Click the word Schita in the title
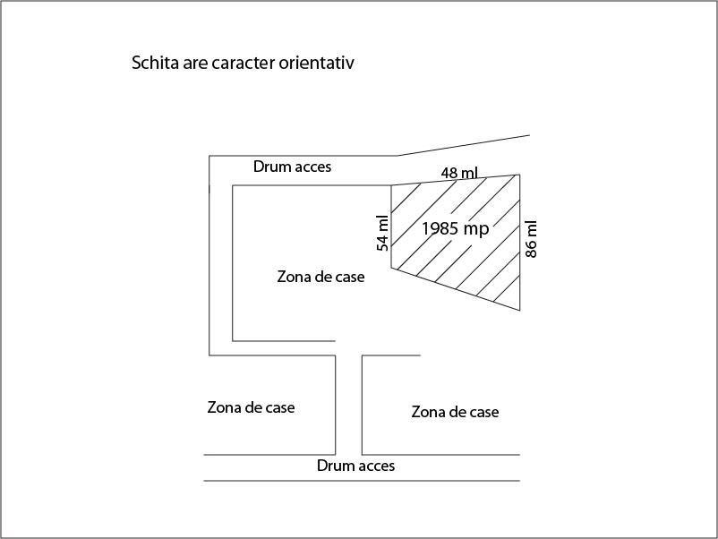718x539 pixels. pyautogui.click(x=155, y=63)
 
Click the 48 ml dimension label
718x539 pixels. pyautogui.click(x=459, y=173)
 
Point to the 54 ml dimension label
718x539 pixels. pyautogui.click(x=383, y=233)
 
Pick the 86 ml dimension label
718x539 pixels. pyautogui.click(x=531, y=239)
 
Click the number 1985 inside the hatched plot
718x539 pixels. pyautogui.click(x=438, y=228)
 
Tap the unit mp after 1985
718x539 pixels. pyautogui.click(x=475, y=229)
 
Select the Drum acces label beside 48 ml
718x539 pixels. pyautogui.click(x=292, y=167)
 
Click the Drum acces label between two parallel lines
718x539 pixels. pyautogui.click(x=355, y=466)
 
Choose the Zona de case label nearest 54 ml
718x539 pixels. pyautogui.click(x=321, y=277)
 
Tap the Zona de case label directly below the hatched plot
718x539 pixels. pyautogui.click(x=455, y=412)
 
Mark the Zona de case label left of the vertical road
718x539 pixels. pyautogui.click(x=251, y=407)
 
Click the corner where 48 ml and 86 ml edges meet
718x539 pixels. pyautogui.click(x=520, y=175)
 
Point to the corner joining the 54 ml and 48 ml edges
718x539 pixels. pyautogui.click(x=391, y=185)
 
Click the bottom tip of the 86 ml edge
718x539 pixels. pyautogui.click(x=520, y=311)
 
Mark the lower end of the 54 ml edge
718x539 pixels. pyautogui.click(x=391, y=268)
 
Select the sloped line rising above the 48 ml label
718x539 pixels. pyautogui.click(x=463, y=145)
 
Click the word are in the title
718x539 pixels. pyautogui.click(x=195, y=64)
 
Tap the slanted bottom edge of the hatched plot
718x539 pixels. pyautogui.click(x=456, y=289)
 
